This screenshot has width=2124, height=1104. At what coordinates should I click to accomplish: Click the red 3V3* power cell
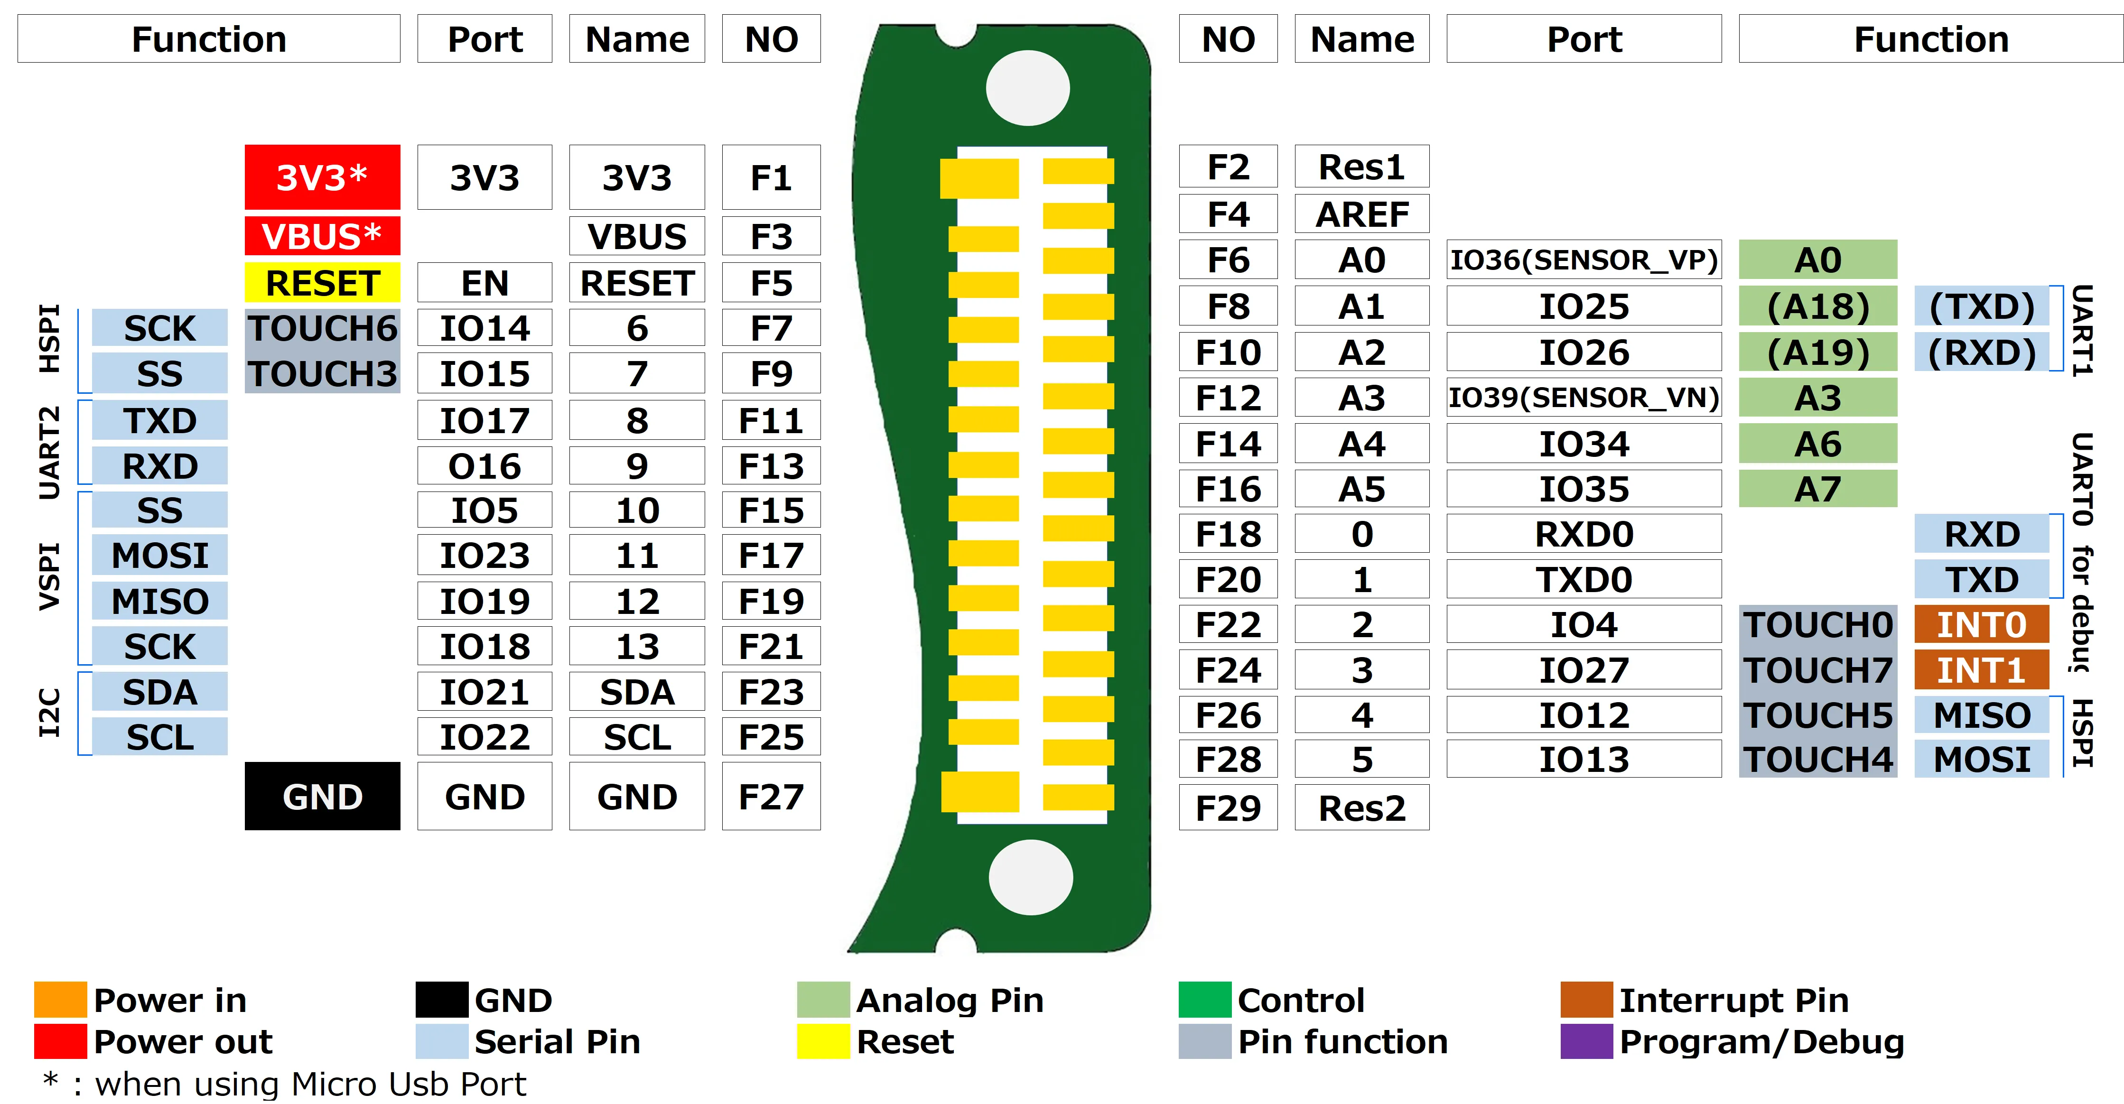[x=322, y=177]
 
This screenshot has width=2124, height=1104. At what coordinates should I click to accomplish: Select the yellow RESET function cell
[x=322, y=283]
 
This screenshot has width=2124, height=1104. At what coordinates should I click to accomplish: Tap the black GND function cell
[x=322, y=797]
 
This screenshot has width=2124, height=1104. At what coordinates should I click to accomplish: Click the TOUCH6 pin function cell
[x=322, y=329]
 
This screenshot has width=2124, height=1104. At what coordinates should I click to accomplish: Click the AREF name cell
[x=1361, y=214]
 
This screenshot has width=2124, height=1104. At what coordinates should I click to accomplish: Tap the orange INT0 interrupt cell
[x=1981, y=625]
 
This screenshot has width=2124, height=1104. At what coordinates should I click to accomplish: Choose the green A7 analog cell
[x=1817, y=489]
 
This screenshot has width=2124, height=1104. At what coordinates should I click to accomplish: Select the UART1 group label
[x=2081, y=330]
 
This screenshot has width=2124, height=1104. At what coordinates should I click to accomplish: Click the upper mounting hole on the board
[x=1027, y=88]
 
